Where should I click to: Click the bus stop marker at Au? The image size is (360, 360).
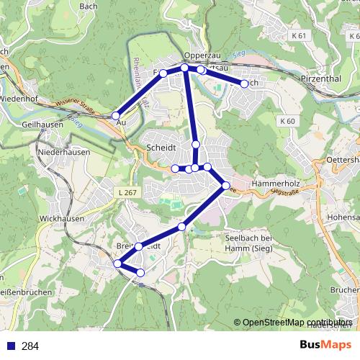(116, 114)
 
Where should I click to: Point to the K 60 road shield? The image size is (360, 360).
(288, 121)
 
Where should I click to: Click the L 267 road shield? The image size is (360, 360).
(126, 192)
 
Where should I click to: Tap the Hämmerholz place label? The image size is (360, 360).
(276, 184)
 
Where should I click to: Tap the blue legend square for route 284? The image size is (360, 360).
(10, 346)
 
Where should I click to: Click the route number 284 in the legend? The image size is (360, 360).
(30, 346)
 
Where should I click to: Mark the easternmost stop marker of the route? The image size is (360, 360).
(244, 84)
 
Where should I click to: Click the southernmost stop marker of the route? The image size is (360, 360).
(140, 272)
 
